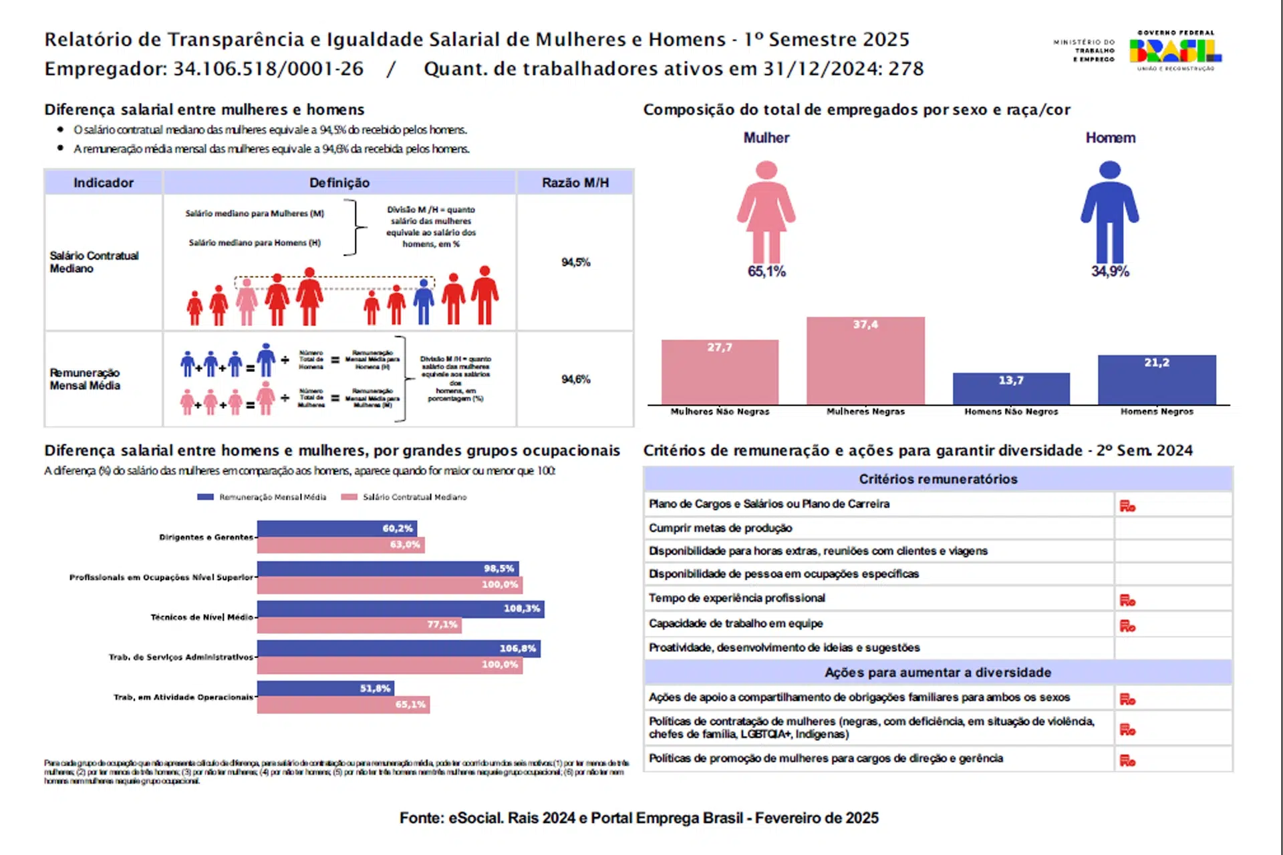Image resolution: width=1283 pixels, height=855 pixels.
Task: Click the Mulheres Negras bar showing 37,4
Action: (865, 361)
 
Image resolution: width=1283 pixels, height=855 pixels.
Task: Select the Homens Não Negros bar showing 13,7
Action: (1011, 389)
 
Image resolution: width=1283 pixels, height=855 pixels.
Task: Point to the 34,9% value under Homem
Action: (1109, 271)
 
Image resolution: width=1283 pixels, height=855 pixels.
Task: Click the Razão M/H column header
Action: (575, 182)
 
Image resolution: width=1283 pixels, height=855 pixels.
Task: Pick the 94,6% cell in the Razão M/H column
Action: (575, 379)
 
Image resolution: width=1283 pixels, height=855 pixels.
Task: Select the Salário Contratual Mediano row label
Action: (94, 262)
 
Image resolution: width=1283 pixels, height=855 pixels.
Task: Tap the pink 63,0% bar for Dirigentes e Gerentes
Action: (340, 545)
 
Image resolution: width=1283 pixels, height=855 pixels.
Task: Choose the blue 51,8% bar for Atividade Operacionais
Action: (325, 688)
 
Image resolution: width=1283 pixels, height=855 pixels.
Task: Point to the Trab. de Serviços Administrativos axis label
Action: (181, 657)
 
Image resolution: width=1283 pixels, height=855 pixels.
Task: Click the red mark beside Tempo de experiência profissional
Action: (1127, 601)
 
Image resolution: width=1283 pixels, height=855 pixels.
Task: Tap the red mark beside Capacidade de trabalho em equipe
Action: (1127, 626)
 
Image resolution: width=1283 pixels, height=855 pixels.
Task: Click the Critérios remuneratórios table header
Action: (938, 479)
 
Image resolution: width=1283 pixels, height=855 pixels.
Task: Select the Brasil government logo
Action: (1175, 50)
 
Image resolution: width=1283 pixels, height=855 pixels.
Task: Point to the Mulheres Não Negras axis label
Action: (720, 411)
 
